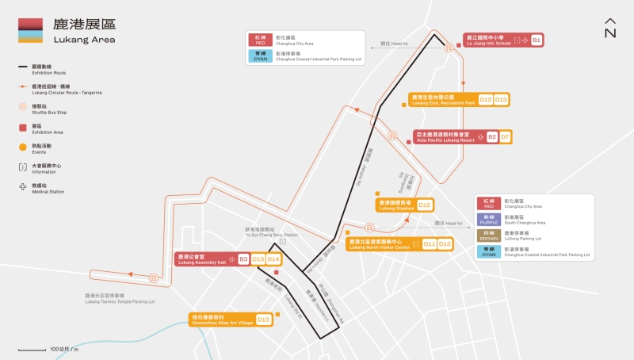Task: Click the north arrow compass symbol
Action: pyautogui.click(x=609, y=28)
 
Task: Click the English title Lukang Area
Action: pyautogui.click(x=84, y=40)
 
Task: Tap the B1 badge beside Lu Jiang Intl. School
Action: pyautogui.click(x=537, y=40)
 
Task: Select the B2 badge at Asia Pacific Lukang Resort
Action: pyautogui.click(x=492, y=137)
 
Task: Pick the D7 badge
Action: pyautogui.click(x=505, y=137)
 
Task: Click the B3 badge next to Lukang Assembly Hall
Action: pyautogui.click(x=244, y=259)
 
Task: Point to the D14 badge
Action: pyautogui.click(x=273, y=259)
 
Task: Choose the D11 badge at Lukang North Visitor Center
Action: pyautogui.click(x=430, y=244)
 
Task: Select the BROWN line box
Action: pyautogui.click(x=488, y=236)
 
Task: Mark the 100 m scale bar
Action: pyautogui.click(x=32, y=349)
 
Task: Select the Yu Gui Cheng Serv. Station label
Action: pyautogui.click(x=271, y=233)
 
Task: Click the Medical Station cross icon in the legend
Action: pyautogui.click(x=23, y=188)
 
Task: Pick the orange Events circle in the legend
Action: pyautogui.click(x=23, y=147)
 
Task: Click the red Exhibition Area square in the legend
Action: pyautogui.click(x=23, y=126)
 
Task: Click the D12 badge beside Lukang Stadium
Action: pyautogui.click(x=425, y=205)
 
